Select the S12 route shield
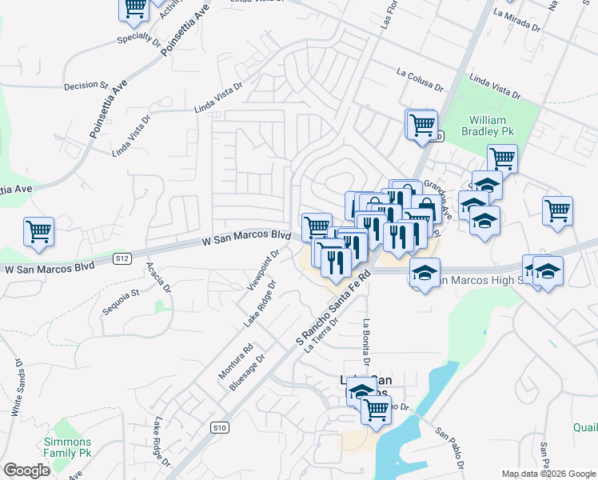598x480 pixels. click(x=122, y=258)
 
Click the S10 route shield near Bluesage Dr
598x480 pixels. click(x=221, y=428)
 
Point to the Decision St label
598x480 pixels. click(x=86, y=85)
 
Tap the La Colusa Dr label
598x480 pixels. click(x=420, y=78)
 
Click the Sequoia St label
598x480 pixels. click(x=123, y=293)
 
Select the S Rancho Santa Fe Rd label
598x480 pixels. click(x=335, y=309)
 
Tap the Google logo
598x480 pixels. click(x=26, y=470)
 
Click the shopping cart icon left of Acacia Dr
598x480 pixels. click(x=38, y=232)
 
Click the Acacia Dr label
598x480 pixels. click(x=159, y=276)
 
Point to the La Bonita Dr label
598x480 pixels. click(x=365, y=342)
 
